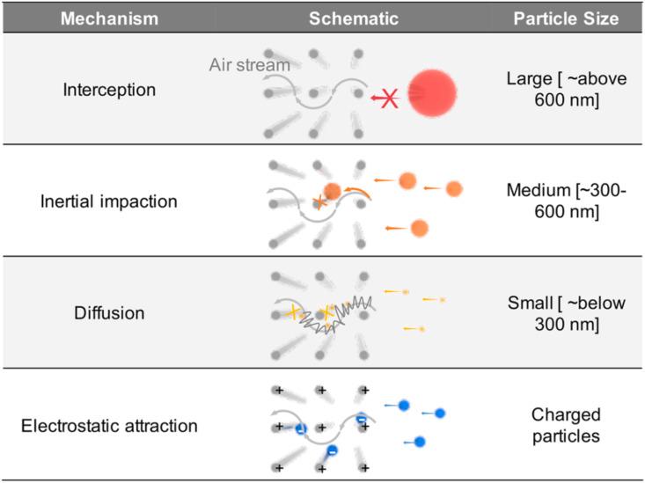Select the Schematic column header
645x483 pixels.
tap(354, 17)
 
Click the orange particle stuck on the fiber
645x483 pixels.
tap(333, 191)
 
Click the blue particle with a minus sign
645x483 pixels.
tap(331, 451)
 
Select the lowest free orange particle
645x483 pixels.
tap(419, 228)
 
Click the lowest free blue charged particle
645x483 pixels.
tap(420, 441)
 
